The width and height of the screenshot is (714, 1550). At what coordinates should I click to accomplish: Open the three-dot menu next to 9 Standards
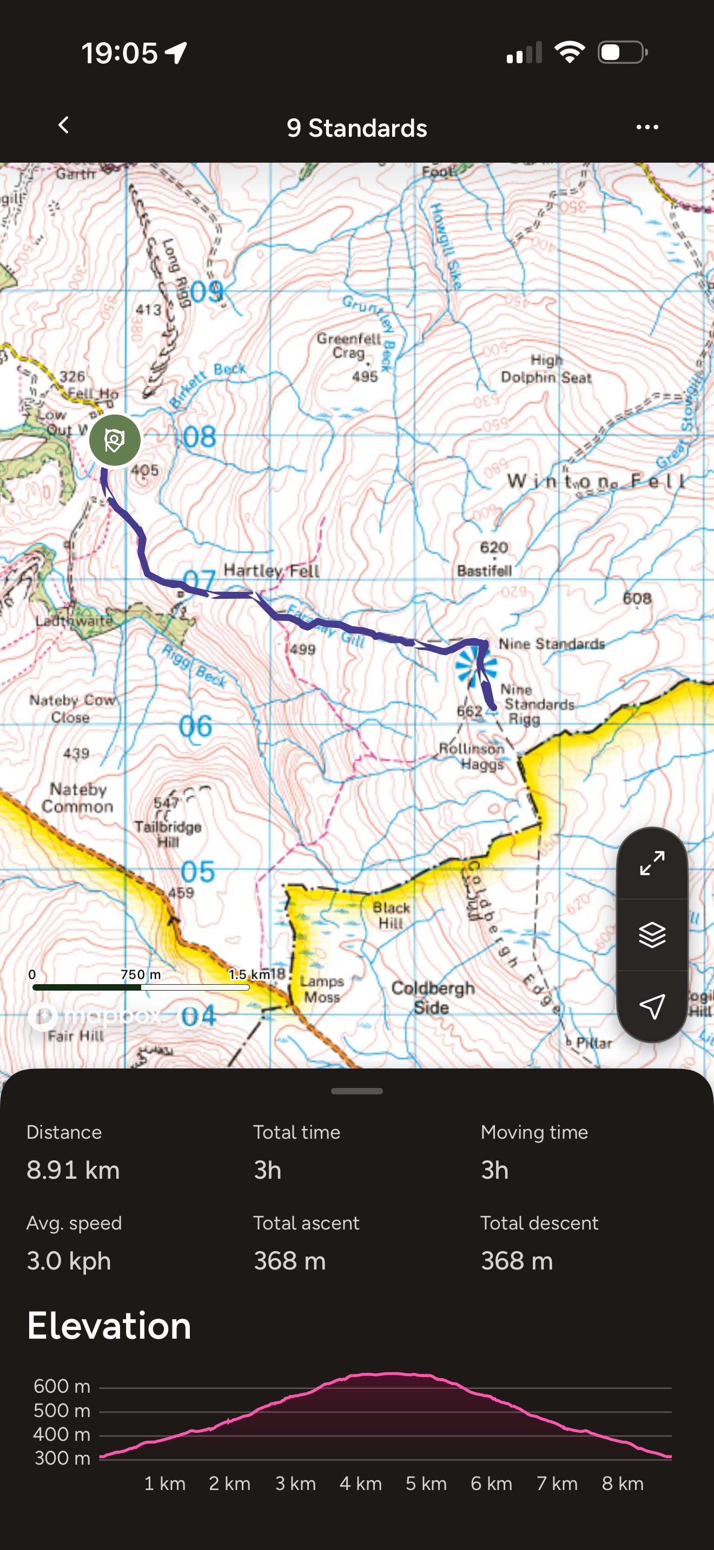tap(647, 127)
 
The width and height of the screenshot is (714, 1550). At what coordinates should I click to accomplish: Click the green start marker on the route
tap(115, 440)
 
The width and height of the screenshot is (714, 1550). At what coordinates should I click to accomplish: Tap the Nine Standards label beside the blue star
tap(551, 644)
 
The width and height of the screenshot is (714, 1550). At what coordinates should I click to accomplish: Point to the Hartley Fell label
tap(272, 570)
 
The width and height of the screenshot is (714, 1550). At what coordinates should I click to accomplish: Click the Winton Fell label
tap(596, 481)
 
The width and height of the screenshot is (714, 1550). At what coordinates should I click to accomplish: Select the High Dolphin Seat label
tap(546, 369)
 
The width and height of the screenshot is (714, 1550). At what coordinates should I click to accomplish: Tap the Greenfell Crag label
tap(349, 345)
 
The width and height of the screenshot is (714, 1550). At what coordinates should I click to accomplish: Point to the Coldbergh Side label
tap(432, 997)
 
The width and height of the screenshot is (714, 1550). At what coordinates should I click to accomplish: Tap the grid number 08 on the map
tap(199, 437)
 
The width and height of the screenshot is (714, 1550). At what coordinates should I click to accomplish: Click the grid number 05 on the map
tap(197, 871)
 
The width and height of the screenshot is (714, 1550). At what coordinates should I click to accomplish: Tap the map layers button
tap(652, 935)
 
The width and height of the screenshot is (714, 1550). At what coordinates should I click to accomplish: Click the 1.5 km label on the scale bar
tap(249, 974)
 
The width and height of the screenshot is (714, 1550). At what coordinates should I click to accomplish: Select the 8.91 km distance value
tap(74, 1170)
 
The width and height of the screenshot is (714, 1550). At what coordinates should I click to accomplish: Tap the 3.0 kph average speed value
tap(69, 1260)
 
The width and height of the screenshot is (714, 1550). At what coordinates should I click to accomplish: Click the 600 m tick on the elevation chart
tap(62, 1386)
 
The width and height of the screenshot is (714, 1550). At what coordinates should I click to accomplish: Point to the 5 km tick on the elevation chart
tap(426, 1483)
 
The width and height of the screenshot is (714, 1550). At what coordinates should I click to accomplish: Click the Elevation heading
tap(109, 1326)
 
